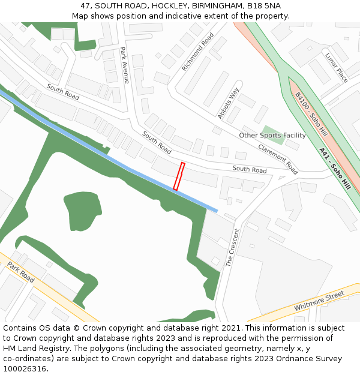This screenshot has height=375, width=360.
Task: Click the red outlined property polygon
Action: point(179,176)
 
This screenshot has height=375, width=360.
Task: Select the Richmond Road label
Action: point(197,52)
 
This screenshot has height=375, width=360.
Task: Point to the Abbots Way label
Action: point(228,103)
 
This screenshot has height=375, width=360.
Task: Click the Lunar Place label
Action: point(337,68)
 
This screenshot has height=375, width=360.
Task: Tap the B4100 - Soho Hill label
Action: point(311,113)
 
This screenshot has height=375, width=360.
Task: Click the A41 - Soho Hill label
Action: point(335,169)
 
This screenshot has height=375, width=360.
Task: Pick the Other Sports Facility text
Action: point(272,135)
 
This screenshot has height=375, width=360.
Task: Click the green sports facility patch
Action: point(272,131)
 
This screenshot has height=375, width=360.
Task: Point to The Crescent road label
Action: point(232,247)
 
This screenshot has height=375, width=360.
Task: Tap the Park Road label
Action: point(21,272)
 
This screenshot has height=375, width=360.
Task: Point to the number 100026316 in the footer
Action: point(23,368)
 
